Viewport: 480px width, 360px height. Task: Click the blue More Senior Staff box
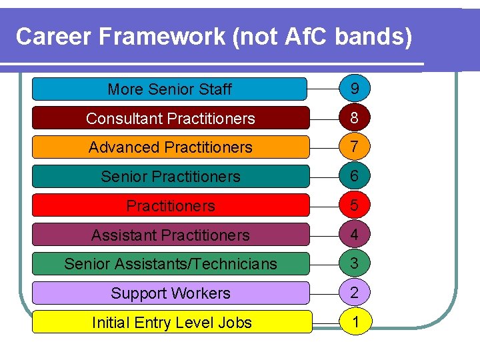pos(170,89)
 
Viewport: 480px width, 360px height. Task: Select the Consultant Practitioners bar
pos(170,118)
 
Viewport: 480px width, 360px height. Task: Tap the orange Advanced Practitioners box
pos(170,147)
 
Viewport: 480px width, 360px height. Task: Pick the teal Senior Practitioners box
pos(170,177)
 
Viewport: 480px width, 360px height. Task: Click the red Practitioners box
pos(170,205)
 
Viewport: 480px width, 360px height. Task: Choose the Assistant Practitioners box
pos(170,235)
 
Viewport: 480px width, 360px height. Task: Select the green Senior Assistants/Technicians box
pos(170,264)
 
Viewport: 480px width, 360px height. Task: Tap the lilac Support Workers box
pos(170,293)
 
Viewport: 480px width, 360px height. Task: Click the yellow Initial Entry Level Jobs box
pos(172,322)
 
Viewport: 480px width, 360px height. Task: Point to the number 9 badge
pos(355,89)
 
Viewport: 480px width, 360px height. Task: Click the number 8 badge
pos(355,118)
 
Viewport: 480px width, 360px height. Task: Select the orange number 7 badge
pos(355,147)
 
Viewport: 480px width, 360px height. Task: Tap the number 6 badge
pos(355,176)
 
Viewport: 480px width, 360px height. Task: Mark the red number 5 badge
pos(355,205)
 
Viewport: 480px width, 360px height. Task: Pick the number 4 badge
pos(355,235)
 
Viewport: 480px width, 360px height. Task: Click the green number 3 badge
pos(355,263)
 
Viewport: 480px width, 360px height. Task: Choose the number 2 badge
pos(355,293)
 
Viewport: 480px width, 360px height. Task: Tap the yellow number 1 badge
pos(356,322)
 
